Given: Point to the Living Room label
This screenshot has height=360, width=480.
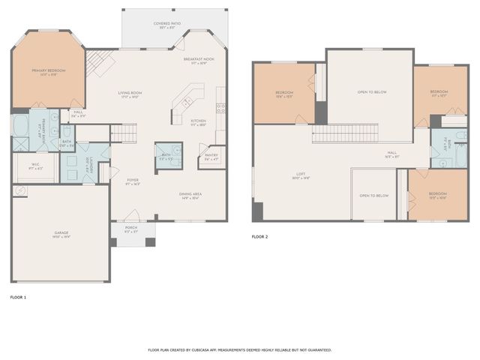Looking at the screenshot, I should click(130, 94).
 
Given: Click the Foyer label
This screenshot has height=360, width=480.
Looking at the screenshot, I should click(133, 181).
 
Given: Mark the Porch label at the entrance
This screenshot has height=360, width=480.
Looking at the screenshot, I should click(131, 229).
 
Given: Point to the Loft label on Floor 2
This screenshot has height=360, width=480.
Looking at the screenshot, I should click(300, 175).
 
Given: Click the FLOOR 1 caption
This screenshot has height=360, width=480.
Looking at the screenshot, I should click(18, 298).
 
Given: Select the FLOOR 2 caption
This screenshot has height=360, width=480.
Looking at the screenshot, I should click(259, 236).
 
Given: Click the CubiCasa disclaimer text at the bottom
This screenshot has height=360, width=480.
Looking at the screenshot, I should click(240, 349).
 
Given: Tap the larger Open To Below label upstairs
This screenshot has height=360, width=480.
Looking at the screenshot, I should click(372, 92).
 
